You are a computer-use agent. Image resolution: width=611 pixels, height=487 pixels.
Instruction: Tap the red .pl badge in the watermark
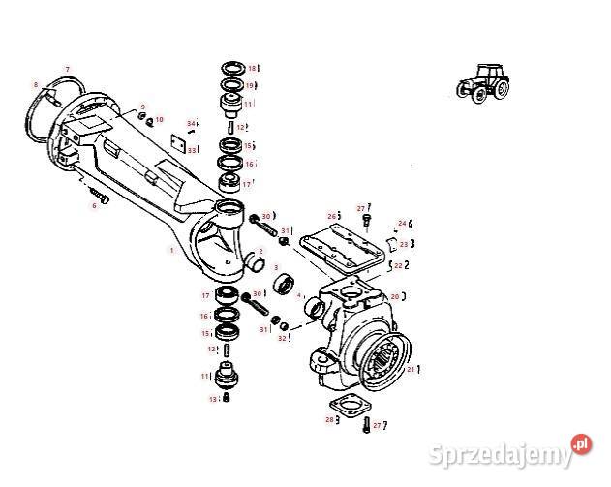[x=581, y=443]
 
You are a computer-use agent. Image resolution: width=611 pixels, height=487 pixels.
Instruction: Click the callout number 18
[x=251, y=69]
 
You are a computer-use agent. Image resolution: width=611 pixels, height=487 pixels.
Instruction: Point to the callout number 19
[x=250, y=85]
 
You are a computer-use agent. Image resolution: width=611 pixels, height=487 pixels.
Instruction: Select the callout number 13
[x=212, y=399]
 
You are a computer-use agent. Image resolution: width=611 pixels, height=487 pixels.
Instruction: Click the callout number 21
[x=411, y=370]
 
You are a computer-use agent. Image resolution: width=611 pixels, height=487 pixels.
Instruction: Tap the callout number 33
[x=192, y=150]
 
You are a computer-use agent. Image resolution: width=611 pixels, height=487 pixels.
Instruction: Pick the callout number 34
[x=192, y=123]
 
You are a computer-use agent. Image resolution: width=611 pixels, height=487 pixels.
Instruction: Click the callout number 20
[x=395, y=296]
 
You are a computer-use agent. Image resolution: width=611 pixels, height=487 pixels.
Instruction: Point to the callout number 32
[x=282, y=338]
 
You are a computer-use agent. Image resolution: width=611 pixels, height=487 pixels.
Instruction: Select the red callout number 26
[x=331, y=215]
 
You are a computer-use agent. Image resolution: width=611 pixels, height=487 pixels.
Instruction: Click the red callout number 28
[x=329, y=419]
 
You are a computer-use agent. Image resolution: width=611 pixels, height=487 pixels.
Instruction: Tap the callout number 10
[x=160, y=119]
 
